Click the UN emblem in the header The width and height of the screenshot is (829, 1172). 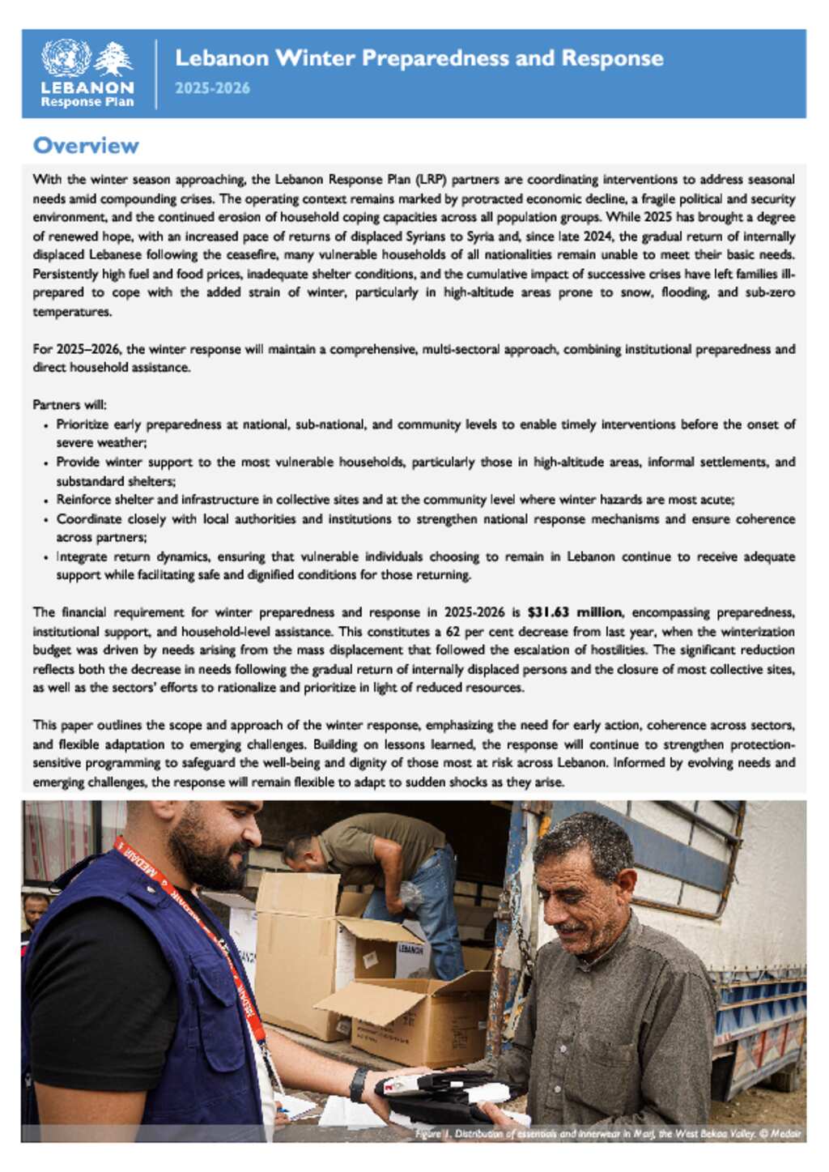pos(66,58)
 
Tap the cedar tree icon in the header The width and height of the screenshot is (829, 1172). pos(114,59)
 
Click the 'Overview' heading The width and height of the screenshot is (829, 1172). pos(86,146)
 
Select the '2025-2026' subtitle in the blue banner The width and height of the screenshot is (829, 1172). pos(212,88)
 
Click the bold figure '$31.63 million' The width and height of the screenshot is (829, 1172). pos(575,612)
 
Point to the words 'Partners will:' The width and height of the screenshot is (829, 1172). pos(70,404)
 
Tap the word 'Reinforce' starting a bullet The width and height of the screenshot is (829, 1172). pos(83,500)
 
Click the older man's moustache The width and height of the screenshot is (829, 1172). pos(574,927)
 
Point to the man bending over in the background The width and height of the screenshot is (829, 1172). pos(380,859)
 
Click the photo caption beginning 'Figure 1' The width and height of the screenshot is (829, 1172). pos(607,1133)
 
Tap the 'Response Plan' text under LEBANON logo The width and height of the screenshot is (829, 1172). pos(87,102)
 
